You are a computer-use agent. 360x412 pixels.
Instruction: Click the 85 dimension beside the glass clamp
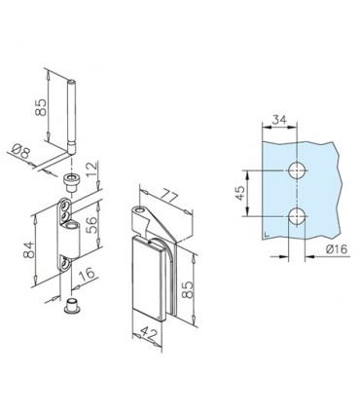(x=199, y=289)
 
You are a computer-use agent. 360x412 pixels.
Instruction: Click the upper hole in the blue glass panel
(x=297, y=170)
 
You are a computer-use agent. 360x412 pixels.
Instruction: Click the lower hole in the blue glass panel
(x=297, y=215)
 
